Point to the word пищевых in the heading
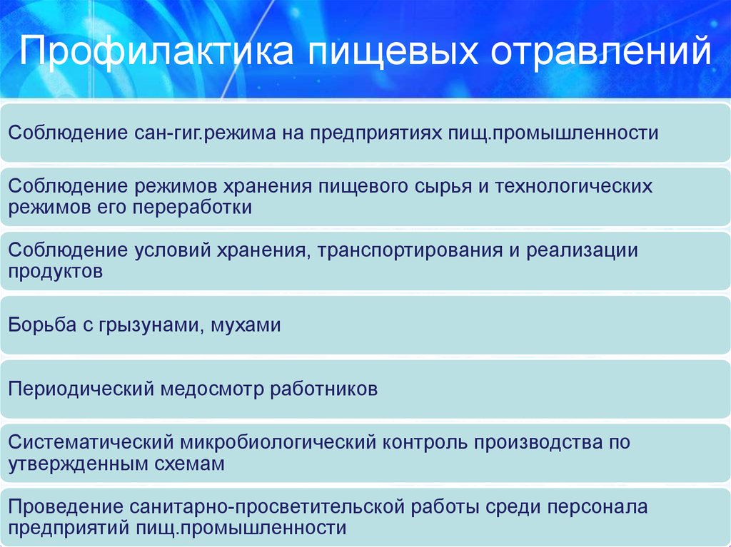tap(393, 52)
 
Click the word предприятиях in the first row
tap(375, 133)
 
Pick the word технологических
tap(573, 186)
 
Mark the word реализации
tap(582, 250)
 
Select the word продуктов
tap(56, 272)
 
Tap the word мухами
tap(246, 325)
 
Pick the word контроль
tap(425, 442)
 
